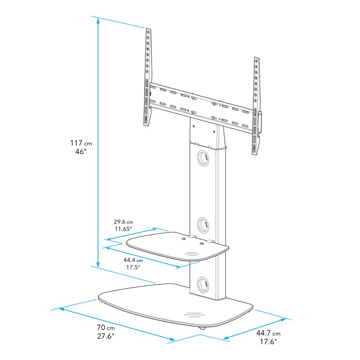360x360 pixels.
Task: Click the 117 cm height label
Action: pyautogui.click(x=81, y=143)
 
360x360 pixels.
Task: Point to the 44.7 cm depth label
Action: pyautogui.click(x=268, y=333)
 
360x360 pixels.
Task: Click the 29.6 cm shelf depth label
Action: pyautogui.click(x=122, y=221)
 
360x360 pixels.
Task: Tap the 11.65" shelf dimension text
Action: pyautogui.click(x=122, y=229)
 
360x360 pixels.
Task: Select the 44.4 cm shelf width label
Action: pyautogui.click(x=134, y=260)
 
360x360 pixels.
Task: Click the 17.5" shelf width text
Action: pyautogui.click(x=133, y=268)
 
